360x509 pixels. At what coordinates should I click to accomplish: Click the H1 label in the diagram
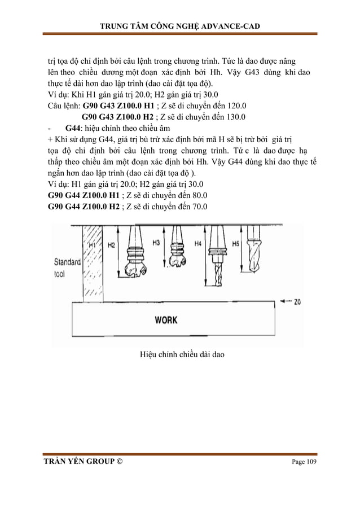[x=92, y=245]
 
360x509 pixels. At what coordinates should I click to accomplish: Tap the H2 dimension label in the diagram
[x=111, y=245]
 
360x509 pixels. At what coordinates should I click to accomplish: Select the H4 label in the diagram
[x=197, y=244]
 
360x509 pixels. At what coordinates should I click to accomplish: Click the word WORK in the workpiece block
[x=166, y=319]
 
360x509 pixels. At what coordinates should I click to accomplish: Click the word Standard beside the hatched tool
[x=67, y=262]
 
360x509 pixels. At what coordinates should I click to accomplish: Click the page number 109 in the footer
[x=310, y=462]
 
